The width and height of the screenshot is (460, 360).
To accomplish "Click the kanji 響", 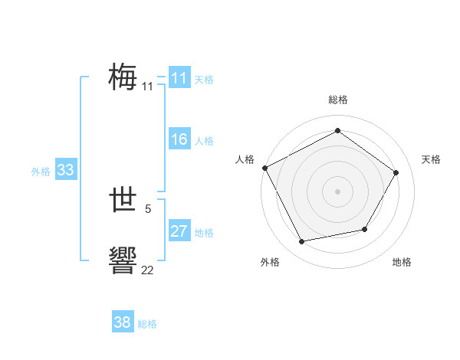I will tap(123, 260).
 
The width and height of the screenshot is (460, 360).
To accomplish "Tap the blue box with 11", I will tap(179, 78).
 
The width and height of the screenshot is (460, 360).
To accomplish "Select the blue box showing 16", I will tap(179, 139).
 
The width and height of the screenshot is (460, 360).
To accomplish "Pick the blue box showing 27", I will tap(179, 231).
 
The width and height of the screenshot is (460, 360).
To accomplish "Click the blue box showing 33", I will tap(65, 170).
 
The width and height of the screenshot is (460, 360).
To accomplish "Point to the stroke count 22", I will tap(147, 270).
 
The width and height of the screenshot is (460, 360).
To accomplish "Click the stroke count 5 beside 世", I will tap(148, 208).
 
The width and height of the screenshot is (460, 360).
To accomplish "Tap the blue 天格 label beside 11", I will tap(204, 79).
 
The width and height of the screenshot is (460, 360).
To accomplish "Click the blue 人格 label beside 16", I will tap(204, 141).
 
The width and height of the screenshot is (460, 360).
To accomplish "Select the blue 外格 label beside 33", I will tap(41, 172).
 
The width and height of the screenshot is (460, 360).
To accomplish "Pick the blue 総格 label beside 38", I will tap(147, 324).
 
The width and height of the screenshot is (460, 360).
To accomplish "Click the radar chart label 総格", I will tap(337, 100).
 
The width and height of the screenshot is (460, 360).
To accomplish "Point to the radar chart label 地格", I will tap(402, 262).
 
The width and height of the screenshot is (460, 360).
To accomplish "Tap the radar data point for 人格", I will tap(264, 167).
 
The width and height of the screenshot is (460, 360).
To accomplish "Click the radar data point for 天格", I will tap(396, 172).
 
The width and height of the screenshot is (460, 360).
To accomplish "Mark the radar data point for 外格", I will tap(302, 241).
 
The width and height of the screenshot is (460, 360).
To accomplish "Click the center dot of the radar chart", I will tap(337, 191).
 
